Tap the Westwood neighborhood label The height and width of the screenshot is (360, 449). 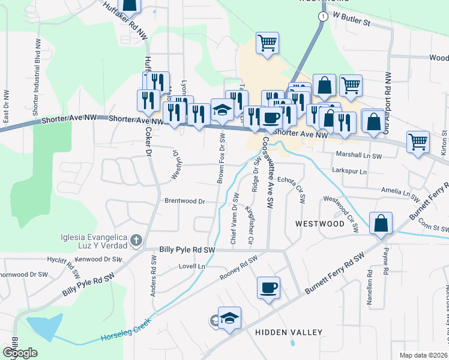click(x=320, y=223)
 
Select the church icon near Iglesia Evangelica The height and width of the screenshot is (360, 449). click(x=136, y=241)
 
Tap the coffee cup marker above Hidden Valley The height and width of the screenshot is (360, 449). click(x=268, y=287)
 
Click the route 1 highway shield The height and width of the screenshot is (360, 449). click(x=323, y=16)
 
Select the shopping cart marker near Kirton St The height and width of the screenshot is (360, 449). click(x=418, y=142)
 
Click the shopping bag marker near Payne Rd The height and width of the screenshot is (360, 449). click(x=381, y=223)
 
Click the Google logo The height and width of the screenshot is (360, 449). click(x=19, y=353)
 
